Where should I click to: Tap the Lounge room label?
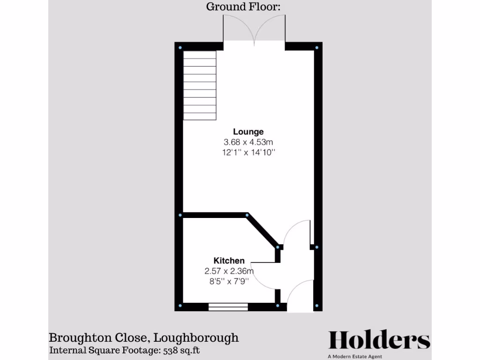click(x=248, y=132)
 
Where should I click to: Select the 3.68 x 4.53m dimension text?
click(x=248, y=142)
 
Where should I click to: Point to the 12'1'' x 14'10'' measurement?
click(x=248, y=152)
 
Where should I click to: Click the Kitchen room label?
click(x=229, y=261)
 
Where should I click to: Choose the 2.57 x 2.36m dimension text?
click(x=229, y=271)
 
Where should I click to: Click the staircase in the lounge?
click(x=200, y=86)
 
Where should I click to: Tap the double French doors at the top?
click(x=254, y=30)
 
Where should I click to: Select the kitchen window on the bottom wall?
click(x=228, y=307)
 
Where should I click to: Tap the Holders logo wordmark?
click(x=379, y=340)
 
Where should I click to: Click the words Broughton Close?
click(x=99, y=337)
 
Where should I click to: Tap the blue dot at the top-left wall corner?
click(x=180, y=47)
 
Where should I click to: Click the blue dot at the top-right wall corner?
click(x=317, y=47)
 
